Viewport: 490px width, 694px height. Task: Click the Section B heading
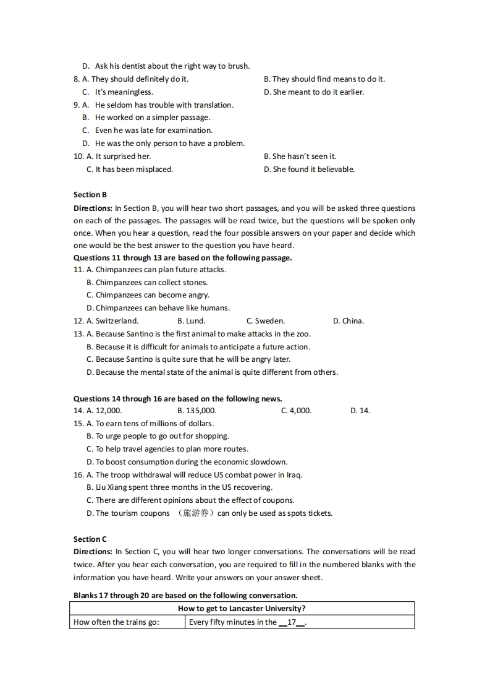[90, 195]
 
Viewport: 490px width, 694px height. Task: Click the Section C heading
[90, 539]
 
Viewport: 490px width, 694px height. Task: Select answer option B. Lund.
[191, 321]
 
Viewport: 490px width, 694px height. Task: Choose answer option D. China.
[348, 321]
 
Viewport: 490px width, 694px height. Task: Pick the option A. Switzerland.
[112, 321]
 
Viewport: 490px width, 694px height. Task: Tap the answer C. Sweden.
[266, 321]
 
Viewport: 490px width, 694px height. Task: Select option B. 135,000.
[196, 411]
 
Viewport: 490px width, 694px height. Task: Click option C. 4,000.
[296, 411]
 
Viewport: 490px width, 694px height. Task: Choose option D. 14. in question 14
[360, 411]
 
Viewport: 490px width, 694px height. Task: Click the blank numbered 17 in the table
[292, 622]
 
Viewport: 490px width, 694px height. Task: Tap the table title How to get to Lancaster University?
[242, 609]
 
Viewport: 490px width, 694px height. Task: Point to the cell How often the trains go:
[116, 622]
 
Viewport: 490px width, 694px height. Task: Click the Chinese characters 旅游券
[196, 513]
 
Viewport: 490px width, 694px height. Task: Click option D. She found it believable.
[309, 169]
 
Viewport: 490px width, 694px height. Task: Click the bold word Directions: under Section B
[93, 208]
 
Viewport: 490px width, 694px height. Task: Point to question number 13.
[78, 334]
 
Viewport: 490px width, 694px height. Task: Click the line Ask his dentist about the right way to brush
[172, 66]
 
